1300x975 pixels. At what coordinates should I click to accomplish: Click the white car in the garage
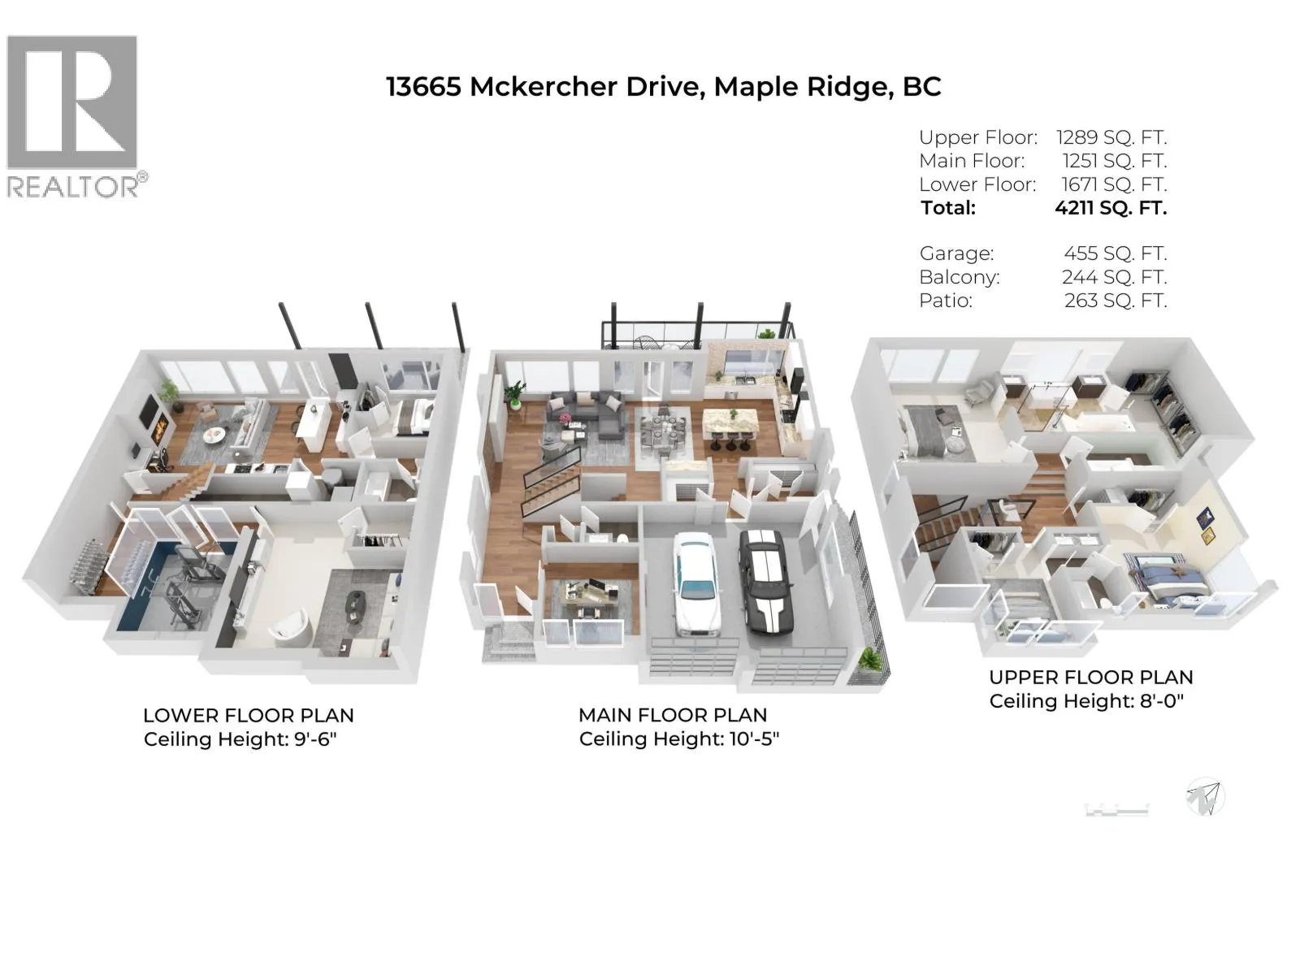(697, 583)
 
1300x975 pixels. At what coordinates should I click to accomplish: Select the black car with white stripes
(764, 579)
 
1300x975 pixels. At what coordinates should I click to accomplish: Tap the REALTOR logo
(76, 116)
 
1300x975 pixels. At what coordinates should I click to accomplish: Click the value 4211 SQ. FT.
(1111, 208)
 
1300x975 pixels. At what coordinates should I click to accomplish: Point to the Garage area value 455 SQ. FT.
(1116, 253)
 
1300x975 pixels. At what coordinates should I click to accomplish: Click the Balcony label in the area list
(959, 277)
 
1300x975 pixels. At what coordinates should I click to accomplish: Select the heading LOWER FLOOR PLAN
(249, 715)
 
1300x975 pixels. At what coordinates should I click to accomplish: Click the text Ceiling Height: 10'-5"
(679, 739)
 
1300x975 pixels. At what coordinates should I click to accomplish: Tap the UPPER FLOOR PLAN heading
(1091, 678)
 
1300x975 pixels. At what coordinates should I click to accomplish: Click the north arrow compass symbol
(1205, 797)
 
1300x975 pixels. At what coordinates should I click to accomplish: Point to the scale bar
(1117, 809)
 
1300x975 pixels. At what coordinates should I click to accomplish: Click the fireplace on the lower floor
(159, 430)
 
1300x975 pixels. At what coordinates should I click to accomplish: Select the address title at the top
(663, 87)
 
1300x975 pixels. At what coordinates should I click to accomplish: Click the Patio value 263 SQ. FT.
(1116, 301)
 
